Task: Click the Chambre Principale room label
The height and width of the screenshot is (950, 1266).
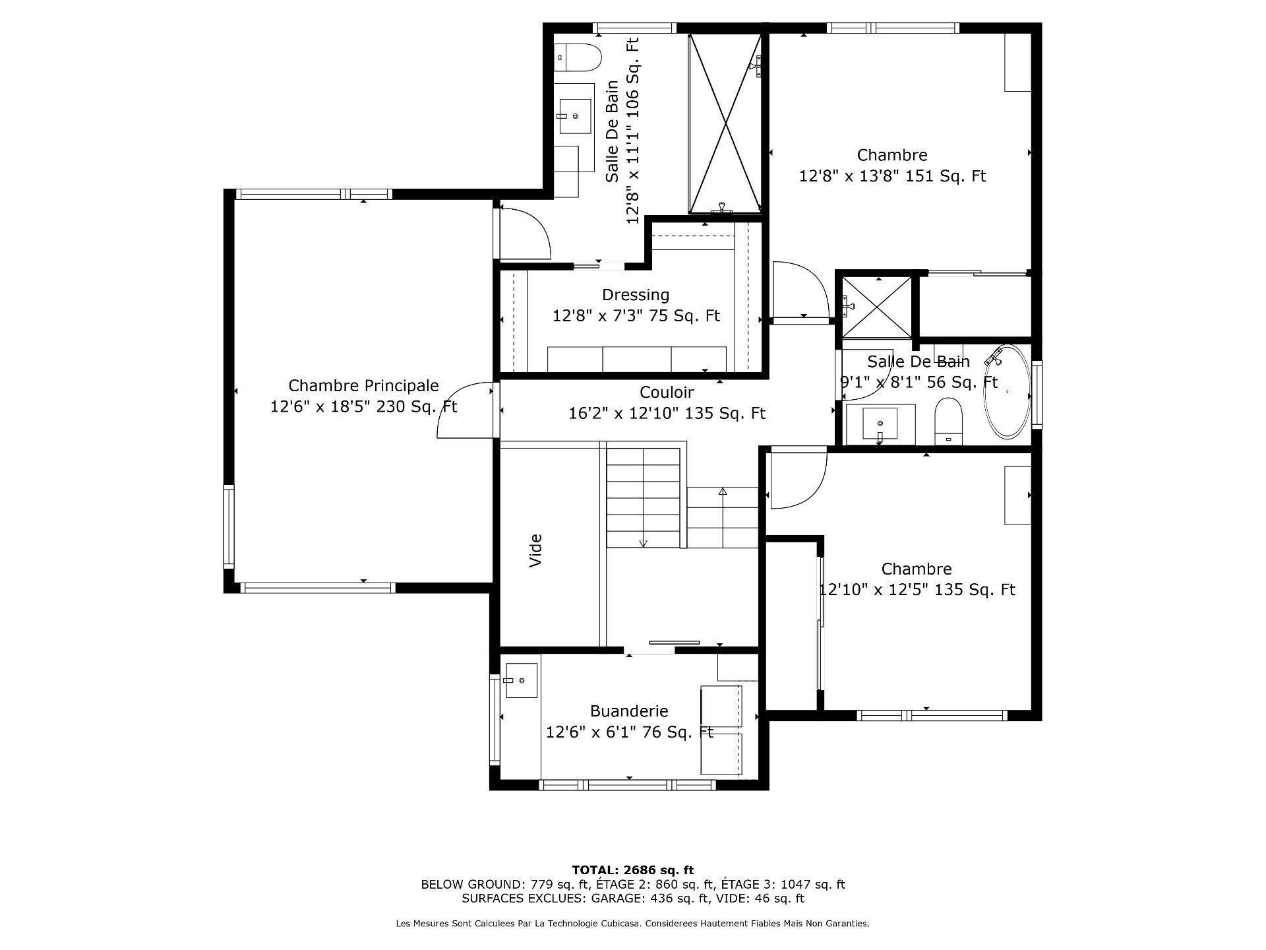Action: coord(363,386)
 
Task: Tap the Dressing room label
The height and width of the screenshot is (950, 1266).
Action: coord(635,295)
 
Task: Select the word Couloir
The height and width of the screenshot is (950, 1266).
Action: coord(667,393)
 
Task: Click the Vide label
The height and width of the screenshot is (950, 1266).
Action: coord(536,551)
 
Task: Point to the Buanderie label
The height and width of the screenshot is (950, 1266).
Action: coord(628,711)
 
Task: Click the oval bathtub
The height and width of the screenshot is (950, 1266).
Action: coord(1007,391)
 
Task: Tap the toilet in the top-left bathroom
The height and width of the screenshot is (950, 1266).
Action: coord(578,57)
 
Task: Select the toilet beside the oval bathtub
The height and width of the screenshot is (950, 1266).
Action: coord(949,421)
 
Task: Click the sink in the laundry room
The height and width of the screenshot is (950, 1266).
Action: coord(521,680)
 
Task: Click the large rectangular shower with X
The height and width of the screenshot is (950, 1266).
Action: coord(725,123)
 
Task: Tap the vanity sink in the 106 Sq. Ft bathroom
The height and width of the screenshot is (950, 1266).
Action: coord(575,116)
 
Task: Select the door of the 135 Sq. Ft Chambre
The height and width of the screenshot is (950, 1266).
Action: coord(798,479)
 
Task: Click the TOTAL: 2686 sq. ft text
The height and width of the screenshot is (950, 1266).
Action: coord(632,870)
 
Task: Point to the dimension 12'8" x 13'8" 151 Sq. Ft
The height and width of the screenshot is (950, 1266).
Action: coord(892,176)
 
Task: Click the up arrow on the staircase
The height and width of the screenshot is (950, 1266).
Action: coord(723,491)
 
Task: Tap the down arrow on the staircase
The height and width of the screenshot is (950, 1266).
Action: coord(644,543)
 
